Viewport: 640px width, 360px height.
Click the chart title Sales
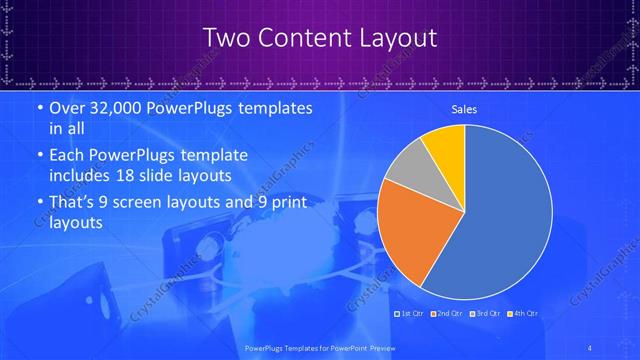464,109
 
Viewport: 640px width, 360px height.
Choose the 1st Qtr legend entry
407,314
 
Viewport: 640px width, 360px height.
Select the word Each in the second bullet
67,156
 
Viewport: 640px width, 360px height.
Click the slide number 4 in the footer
590,348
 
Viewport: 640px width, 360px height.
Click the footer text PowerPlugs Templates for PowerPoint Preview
319,348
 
